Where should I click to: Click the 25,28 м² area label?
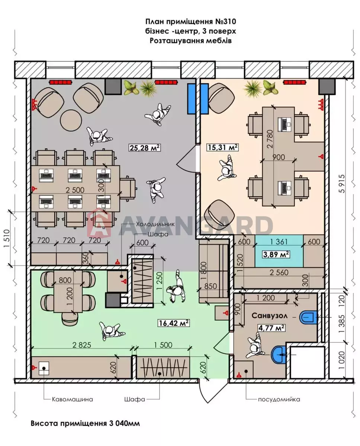(x=145, y=148)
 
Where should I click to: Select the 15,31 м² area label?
(x=223, y=148)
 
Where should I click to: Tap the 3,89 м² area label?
(x=276, y=254)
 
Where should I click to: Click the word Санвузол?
(x=269, y=316)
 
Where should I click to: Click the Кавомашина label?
(x=73, y=399)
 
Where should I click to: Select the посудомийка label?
(x=279, y=400)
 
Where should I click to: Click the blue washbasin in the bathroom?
(x=280, y=355)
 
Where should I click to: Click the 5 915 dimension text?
(x=342, y=184)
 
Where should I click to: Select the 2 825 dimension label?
(x=82, y=345)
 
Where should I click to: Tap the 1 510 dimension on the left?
(x=6, y=239)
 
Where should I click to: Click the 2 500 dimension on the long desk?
(x=75, y=190)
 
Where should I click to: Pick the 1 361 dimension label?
(x=279, y=242)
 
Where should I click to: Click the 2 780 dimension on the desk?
(x=270, y=139)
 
